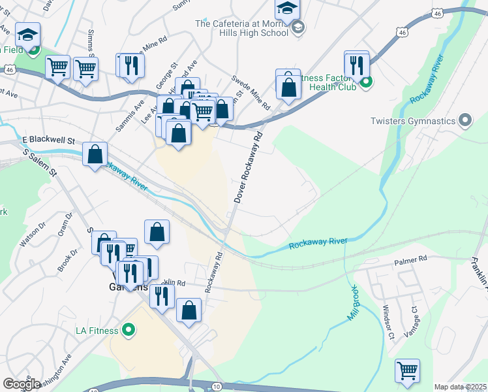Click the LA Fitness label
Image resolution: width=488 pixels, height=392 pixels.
pyautogui.click(x=98, y=329)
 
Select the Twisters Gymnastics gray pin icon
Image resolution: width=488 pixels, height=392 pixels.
pyautogui.click(x=465, y=120)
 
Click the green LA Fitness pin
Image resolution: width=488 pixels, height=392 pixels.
pyautogui.click(x=129, y=329)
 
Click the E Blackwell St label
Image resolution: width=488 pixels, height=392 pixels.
pyautogui.click(x=49, y=140)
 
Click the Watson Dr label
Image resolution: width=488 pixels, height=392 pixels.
pyautogui.click(x=33, y=233)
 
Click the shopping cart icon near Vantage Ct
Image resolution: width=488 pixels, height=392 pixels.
pyautogui.click(x=408, y=370)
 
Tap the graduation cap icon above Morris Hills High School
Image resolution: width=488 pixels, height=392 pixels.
pyautogui.click(x=285, y=8)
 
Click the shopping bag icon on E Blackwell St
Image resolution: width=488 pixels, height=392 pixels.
pyautogui.click(x=95, y=155)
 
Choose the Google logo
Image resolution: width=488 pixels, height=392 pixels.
pyautogui.click(x=22, y=384)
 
